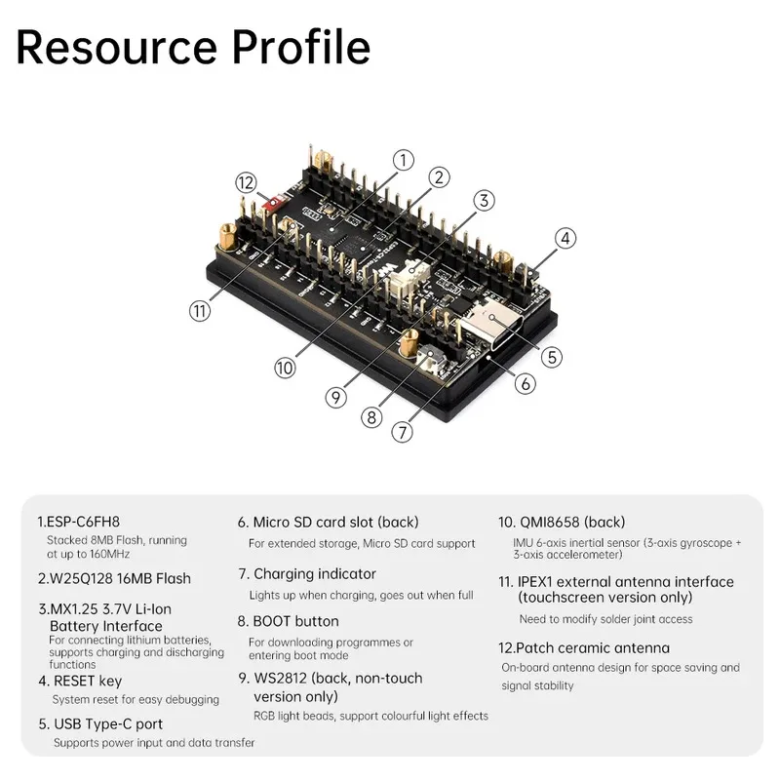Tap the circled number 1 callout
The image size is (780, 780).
pyautogui.click(x=404, y=159)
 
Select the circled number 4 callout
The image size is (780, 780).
pyautogui.click(x=565, y=238)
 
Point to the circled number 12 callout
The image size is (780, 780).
pyautogui.click(x=246, y=182)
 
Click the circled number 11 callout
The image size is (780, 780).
pyautogui.click(x=199, y=311)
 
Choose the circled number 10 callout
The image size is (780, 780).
pyautogui.click(x=285, y=368)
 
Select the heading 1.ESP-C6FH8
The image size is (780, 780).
pyautogui.click(x=85, y=522)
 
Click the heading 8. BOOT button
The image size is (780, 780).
pyautogui.click(x=289, y=621)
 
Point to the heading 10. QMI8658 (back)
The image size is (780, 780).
pyautogui.click(x=562, y=522)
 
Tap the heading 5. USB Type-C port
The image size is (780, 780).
pyautogui.click(x=100, y=724)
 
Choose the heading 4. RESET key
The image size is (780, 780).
pyautogui.click(x=81, y=682)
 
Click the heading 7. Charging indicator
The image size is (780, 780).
pyautogui.click(x=307, y=574)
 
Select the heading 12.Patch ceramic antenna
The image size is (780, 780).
pyautogui.click(x=584, y=647)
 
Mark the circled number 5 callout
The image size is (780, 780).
pyautogui.click(x=552, y=357)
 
